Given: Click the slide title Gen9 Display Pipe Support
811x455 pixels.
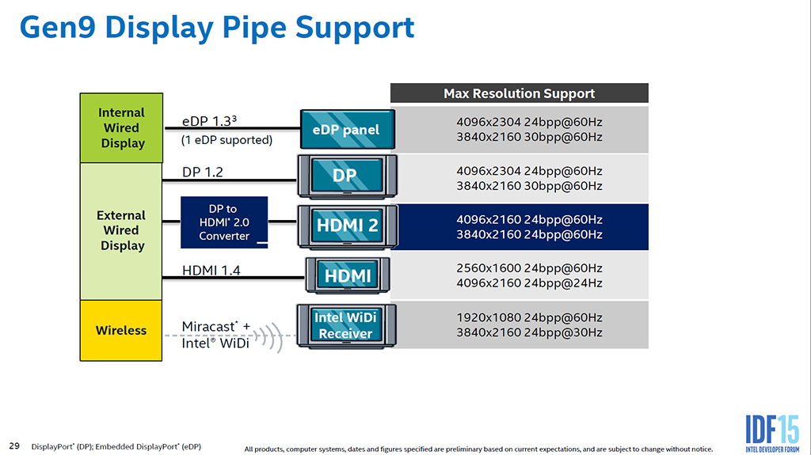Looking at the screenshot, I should (216, 28).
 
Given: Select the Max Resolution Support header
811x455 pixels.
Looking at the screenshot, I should (519, 93).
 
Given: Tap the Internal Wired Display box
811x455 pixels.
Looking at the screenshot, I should (122, 128).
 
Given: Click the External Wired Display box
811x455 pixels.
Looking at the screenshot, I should (122, 230).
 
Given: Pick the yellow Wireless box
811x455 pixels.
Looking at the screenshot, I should (121, 330).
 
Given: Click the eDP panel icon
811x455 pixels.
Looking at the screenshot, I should (347, 130).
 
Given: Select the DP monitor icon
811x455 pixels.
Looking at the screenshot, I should (346, 176).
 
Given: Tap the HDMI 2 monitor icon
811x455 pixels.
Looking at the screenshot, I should (347, 226).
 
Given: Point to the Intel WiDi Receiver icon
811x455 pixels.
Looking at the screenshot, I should (346, 325).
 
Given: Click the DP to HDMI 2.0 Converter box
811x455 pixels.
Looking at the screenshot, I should (224, 222).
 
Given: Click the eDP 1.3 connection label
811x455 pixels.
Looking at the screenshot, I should (210, 122).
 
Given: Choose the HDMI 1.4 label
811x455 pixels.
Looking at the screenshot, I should (211, 270).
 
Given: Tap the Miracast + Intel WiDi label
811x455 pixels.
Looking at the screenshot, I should (215, 335).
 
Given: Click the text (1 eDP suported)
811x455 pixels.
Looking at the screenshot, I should (227, 140).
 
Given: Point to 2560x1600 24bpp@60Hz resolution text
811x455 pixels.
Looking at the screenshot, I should (529, 268).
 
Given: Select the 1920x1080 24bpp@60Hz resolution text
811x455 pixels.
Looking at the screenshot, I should (529, 317).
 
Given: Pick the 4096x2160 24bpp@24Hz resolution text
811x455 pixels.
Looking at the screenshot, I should (529, 283).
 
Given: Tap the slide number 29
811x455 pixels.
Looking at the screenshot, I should (14, 446).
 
